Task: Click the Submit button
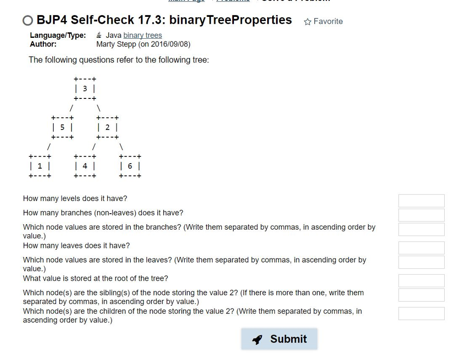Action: (279, 339)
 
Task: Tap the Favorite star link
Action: (323, 21)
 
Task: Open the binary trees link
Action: (142, 35)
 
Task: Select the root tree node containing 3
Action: (85, 89)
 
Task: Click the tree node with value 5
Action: (62, 128)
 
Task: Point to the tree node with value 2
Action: (107, 128)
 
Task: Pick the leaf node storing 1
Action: (40, 166)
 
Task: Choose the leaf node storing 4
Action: (85, 166)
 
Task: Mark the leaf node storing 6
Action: (130, 166)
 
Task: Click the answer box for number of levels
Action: (421, 201)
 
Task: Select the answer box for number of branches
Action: (421, 215)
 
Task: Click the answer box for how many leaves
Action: (421, 247)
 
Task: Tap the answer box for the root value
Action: (421, 280)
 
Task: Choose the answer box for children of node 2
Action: (421, 313)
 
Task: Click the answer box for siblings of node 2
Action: (421, 294)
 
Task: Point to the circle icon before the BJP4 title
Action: (28, 21)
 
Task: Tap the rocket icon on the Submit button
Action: (257, 339)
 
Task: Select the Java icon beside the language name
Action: (99, 35)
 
